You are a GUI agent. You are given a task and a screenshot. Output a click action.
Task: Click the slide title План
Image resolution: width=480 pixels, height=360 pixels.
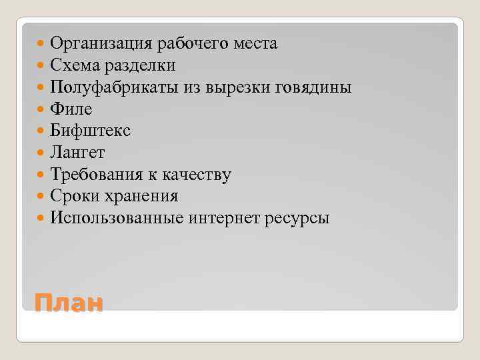pos(69,303)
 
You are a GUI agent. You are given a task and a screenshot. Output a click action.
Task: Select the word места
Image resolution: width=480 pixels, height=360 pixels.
pos(256,44)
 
